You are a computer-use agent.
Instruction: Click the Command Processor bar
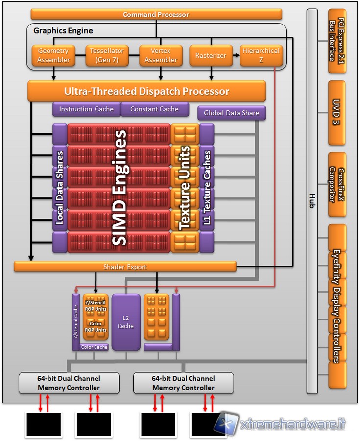156,14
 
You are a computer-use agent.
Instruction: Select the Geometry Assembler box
53,55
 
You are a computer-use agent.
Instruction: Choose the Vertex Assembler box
161,55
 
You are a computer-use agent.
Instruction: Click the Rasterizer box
211,55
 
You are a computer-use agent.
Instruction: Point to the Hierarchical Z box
262,55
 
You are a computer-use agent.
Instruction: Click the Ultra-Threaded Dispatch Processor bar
146,91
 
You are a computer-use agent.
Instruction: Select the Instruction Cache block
86,109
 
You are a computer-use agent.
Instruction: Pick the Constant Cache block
154,109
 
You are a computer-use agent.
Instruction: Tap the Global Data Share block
232,113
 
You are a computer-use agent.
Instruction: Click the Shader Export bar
125,267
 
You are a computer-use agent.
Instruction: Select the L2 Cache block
125,322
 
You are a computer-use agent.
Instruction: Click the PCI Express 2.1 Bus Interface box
337,41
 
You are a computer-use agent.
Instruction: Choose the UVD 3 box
337,113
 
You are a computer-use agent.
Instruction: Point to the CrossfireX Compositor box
337,185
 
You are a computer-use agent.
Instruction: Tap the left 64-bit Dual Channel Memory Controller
69,383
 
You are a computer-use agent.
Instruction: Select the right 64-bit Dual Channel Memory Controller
184,383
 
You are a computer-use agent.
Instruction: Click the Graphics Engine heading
63,31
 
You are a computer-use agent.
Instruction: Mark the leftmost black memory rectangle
44,424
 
